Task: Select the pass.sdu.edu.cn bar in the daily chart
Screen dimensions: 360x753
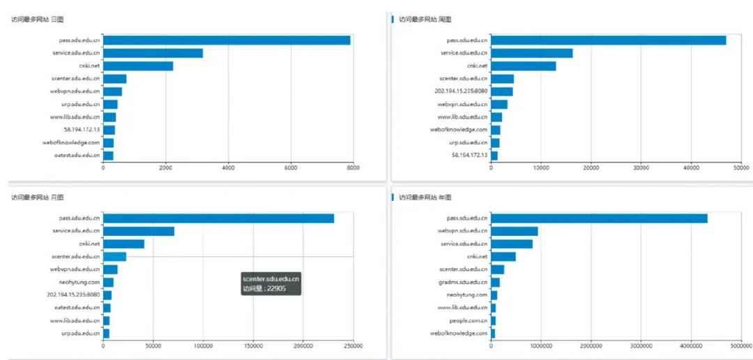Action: tap(227, 40)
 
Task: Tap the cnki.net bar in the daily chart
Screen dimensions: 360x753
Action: tap(138, 66)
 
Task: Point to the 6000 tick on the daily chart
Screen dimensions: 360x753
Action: tap(291, 167)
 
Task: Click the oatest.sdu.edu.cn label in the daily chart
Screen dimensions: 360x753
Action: tap(77, 155)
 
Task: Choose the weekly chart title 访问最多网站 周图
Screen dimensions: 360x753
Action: tap(425, 20)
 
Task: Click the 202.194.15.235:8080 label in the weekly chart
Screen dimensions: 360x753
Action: tap(459, 91)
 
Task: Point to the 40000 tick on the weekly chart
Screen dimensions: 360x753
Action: tap(691, 167)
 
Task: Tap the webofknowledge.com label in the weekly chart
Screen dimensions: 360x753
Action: tap(458, 130)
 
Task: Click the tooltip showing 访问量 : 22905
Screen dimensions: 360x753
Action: tap(271, 283)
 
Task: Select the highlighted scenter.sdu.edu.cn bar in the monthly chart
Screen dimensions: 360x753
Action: tap(114, 257)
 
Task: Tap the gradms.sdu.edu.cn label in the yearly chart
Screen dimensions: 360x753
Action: tap(463, 282)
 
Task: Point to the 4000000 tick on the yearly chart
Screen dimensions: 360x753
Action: tap(691, 345)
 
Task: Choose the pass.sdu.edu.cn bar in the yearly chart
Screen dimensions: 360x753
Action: tap(599, 218)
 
